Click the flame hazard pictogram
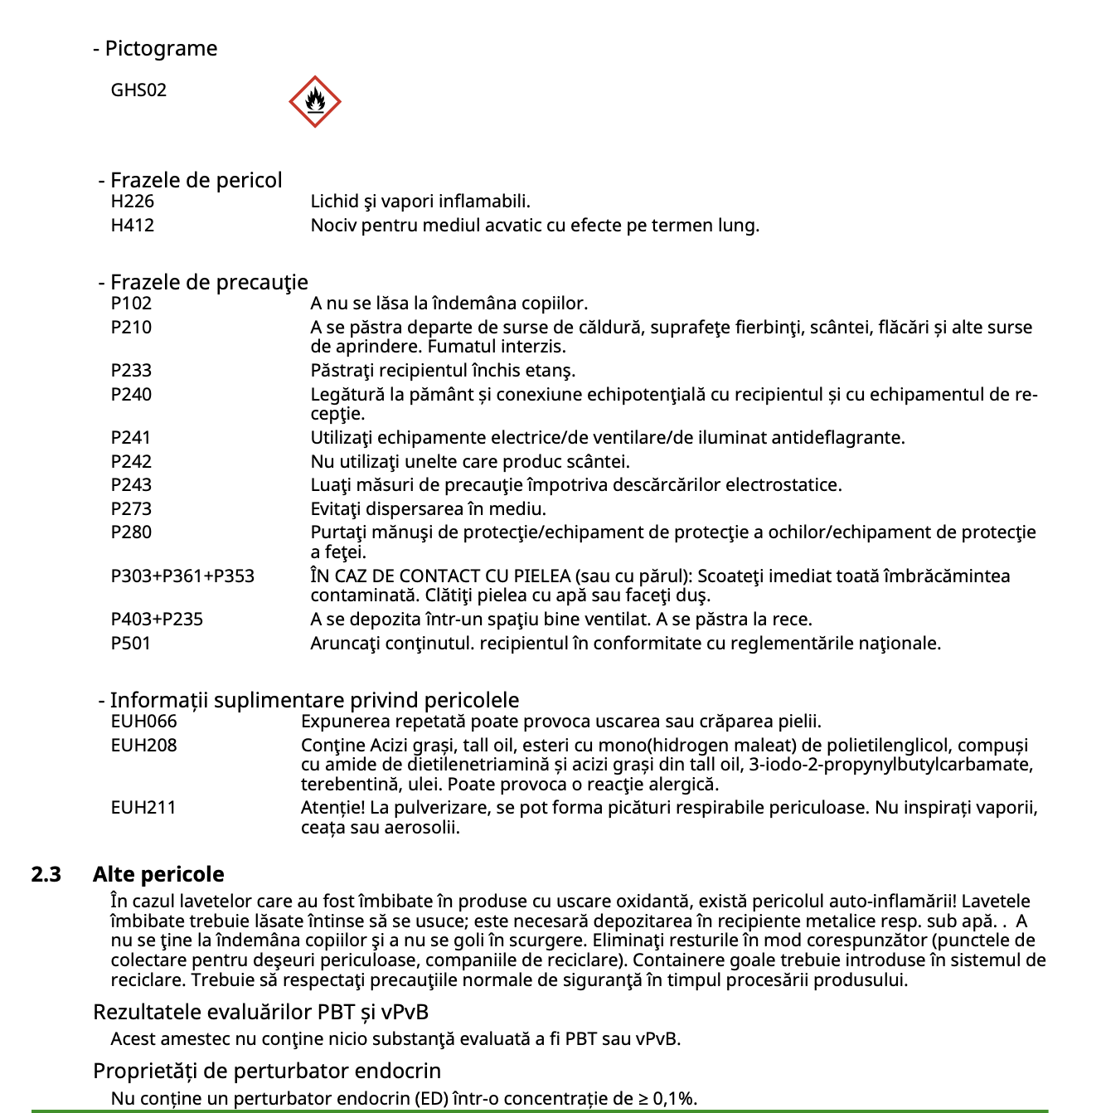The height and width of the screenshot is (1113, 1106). point(315,102)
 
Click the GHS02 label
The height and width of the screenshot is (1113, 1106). point(138,90)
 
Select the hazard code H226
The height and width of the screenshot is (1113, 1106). point(133,202)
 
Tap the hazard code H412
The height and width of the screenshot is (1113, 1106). point(133,226)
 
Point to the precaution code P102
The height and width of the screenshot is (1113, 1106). point(131,304)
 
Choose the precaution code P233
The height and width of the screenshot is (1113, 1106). point(131,371)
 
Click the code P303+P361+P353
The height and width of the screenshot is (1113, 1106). point(182,576)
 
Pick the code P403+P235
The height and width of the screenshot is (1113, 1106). point(157,620)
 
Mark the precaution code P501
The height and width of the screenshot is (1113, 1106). point(131,644)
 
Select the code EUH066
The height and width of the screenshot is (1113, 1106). point(143,722)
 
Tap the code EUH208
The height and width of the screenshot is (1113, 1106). point(143,746)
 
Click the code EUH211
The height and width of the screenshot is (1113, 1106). point(143,808)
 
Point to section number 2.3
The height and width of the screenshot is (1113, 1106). point(46,874)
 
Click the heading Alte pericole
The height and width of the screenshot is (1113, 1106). point(158,874)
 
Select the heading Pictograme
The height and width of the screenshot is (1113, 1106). point(161,49)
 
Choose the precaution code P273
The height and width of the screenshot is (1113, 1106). point(131,509)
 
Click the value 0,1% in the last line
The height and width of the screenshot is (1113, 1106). point(675,1099)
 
